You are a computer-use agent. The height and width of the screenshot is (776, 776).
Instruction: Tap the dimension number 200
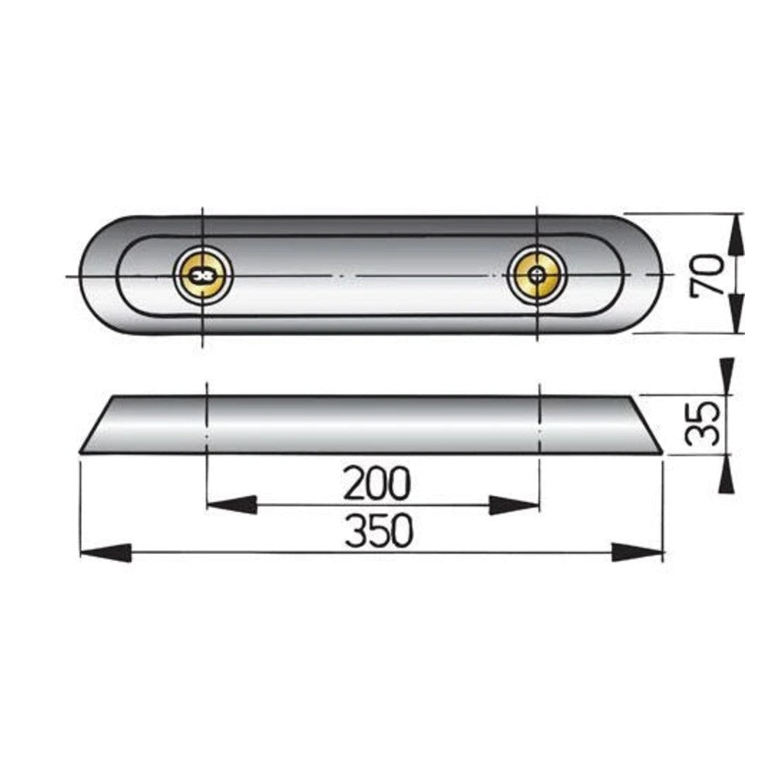pyautogui.click(x=377, y=483)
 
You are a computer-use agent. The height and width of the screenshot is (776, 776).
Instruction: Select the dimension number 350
pyautogui.click(x=379, y=531)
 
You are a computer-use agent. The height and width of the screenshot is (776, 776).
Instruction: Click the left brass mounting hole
pyautogui.click(x=203, y=275)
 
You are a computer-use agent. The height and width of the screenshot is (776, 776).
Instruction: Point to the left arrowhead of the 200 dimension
pyautogui.click(x=231, y=505)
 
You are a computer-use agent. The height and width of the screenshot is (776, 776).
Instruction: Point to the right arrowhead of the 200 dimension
pyautogui.click(x=514, y=505)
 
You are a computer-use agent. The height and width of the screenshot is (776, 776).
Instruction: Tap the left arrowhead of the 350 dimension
pyautogui.click(x=106, y=553)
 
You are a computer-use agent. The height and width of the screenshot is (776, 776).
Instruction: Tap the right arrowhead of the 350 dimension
pyautogui.click(x=637, y=553)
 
